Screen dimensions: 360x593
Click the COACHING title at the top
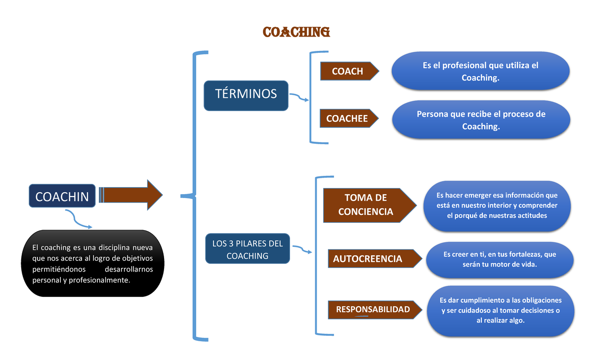tap(296, 32)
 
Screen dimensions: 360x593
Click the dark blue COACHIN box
tap(62, 196)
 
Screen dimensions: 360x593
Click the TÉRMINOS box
tap(246, 95)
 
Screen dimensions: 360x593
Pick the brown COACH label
tap(348, 72)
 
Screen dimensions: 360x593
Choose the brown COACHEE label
tap(348, 119)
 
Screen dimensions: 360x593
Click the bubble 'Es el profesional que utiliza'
tap(480, 72)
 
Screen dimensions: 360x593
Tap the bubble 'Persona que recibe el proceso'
tap(480, 120)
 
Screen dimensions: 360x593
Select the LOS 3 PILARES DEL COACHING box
tap(247, 249)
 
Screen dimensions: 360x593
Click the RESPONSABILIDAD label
tap(373, 310)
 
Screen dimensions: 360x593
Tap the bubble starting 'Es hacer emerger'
tap(497, 205)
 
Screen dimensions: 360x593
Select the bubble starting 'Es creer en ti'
tap(499, 259)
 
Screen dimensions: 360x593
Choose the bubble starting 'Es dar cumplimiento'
tap(500, 311)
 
